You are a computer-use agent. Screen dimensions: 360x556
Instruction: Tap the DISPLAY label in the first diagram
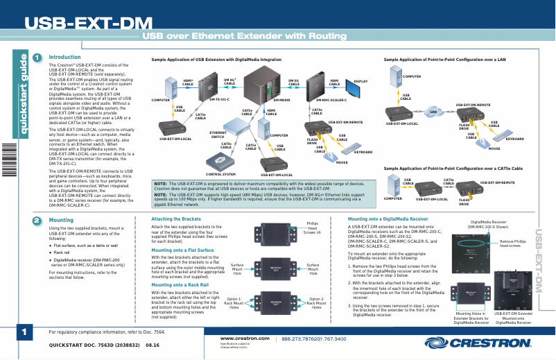coord(360,81)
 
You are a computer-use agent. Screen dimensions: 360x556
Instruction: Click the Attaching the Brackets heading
coord(171,219)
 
